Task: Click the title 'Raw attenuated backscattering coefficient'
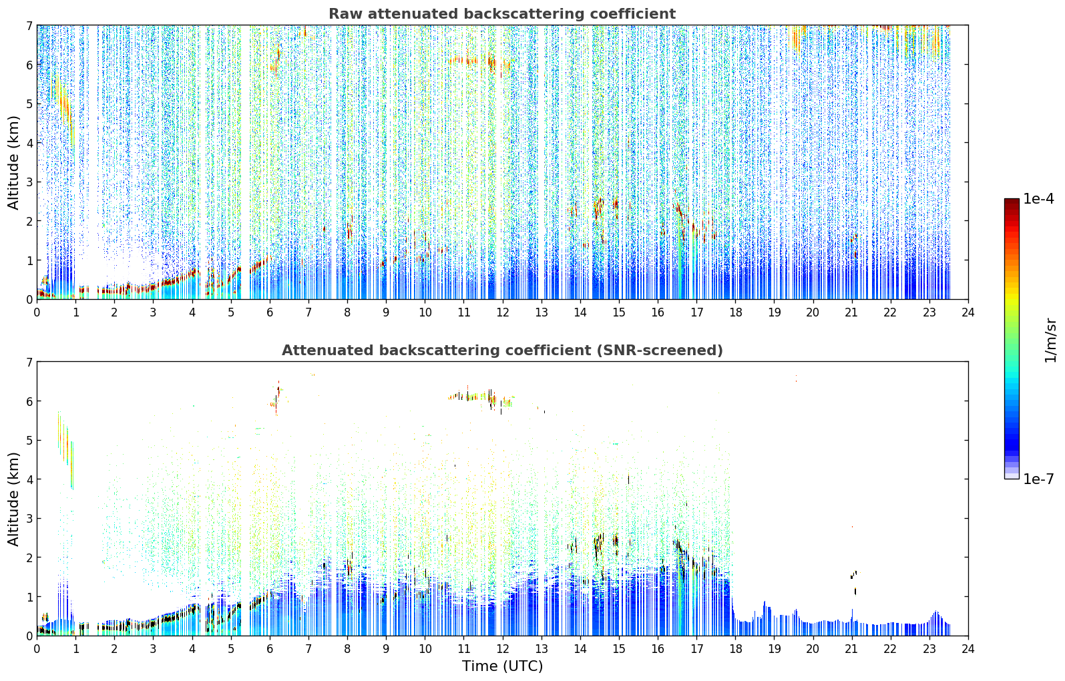tap(502, 14)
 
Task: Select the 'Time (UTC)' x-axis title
tap(502, 666)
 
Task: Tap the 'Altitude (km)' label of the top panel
tap(13, 162)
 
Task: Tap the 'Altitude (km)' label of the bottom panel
tap(13, 499)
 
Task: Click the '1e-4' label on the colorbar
tap(1038, 199)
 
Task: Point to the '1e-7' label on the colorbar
tap(1038, 479)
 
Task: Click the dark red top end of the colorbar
tap(1012, 201)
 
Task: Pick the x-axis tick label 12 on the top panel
tap(503, 312)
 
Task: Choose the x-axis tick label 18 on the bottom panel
tap(736, 649)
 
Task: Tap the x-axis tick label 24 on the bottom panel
tap(968, 649)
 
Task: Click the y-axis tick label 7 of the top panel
tap(29, 25)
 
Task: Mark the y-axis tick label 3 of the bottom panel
tap(29, 518)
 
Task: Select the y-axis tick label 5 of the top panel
tap(29, 103)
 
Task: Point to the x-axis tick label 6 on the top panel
tap(270, 312)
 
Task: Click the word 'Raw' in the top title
tap(343, 14)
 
